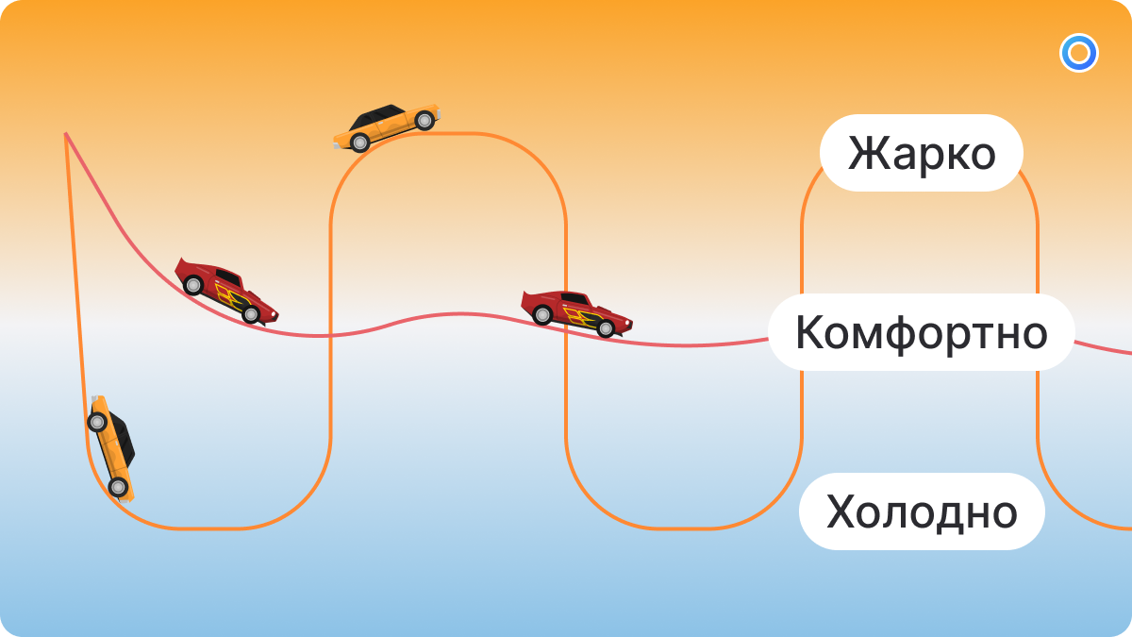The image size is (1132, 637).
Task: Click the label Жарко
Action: (x=921, y=153)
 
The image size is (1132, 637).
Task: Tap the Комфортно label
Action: (x=921, y=332)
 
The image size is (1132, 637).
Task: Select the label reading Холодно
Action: (x=921, y=511)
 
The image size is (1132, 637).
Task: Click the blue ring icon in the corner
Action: (x=1078, y=53)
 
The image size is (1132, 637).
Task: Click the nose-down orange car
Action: (x=112, y=446)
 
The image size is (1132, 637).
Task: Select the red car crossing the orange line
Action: (x=576, y=312)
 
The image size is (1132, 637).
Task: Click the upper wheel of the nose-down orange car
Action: (x=97, y=421)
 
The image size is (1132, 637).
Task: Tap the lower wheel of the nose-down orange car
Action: (x=118, y=487)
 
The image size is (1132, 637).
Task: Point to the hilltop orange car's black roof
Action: (x=378, y=117)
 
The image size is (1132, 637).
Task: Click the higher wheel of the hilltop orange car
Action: (x=424, y=120)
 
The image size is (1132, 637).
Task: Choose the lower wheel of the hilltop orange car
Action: (x=359, y=142)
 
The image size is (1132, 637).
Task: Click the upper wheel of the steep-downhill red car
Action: (x=192, y=283)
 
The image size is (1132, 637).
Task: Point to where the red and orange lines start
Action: (x=65, y=134)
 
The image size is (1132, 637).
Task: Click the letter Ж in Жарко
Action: (x=867, y=153)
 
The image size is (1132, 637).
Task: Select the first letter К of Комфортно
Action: (x=809, y=332)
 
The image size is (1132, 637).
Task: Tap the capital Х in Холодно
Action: (x=841, y=511)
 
